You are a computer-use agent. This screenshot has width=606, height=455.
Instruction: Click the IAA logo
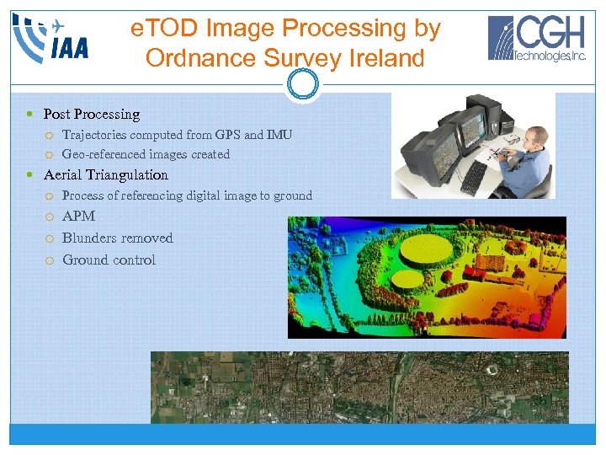51,38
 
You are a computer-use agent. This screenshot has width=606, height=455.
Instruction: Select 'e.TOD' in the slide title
161,29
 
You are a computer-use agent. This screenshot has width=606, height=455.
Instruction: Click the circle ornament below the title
302,84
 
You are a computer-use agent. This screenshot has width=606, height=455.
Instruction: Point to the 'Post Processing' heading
92,114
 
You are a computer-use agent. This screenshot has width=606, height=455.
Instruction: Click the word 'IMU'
279,135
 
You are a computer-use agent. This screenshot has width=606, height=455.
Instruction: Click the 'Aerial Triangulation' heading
106,175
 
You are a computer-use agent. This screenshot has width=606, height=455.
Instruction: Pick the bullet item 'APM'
79,217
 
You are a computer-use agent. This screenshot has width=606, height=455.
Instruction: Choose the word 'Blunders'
89,238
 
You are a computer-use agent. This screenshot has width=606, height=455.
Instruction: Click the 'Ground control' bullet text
109,260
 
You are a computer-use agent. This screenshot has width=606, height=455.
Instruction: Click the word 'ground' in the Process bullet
294,195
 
